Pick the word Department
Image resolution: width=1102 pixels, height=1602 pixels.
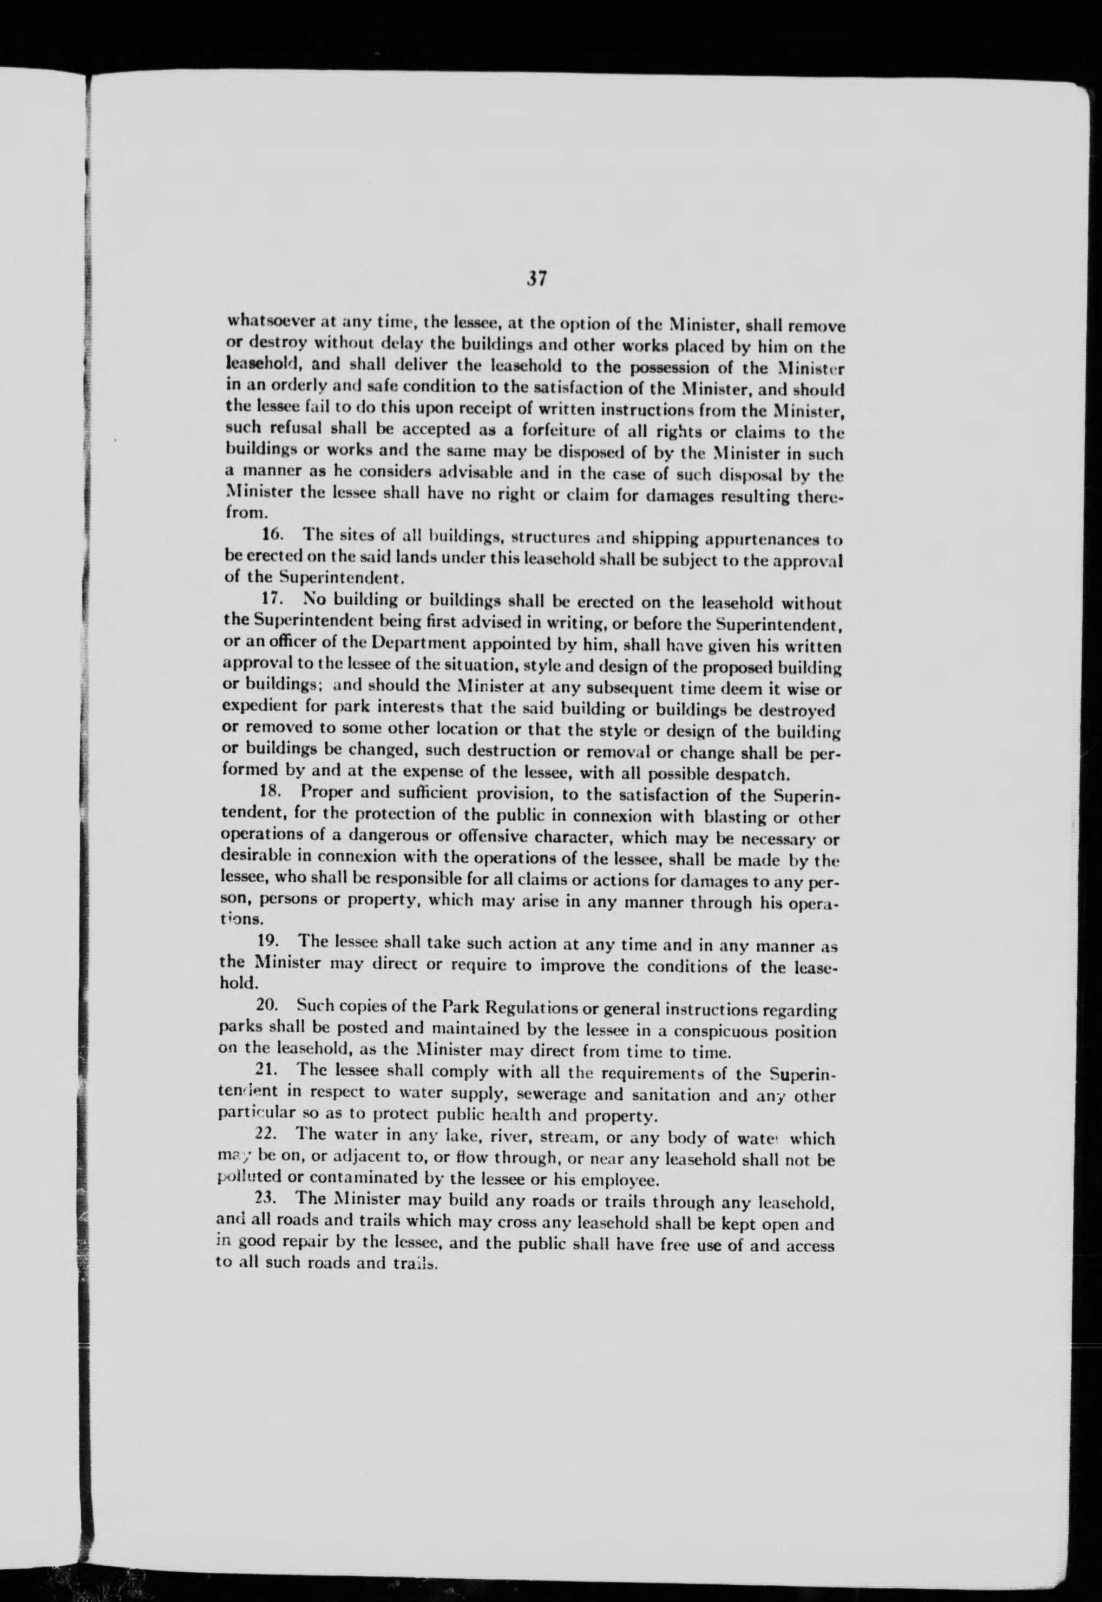click(x=411, y=646)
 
